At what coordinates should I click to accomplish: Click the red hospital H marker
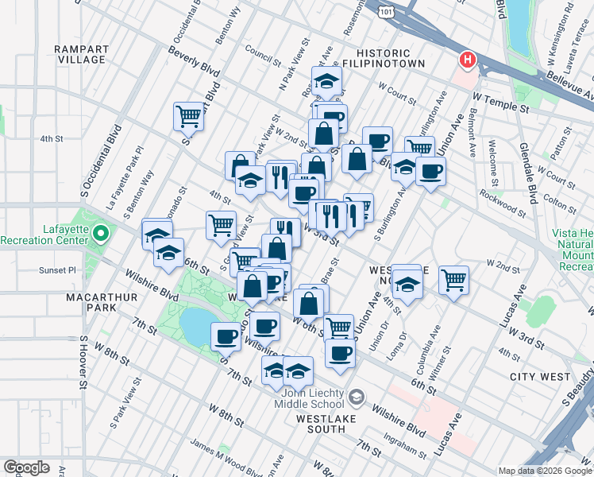click(469, 60)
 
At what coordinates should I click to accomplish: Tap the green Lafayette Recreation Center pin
click(101, 234)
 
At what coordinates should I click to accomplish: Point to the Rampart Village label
click(80, 54)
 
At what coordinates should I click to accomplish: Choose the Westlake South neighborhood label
click(320, 423)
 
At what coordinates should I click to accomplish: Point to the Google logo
click(26, 467)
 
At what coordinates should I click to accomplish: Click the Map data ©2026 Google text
click(545, 471)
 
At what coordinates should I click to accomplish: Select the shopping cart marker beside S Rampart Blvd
click(188, 116)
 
